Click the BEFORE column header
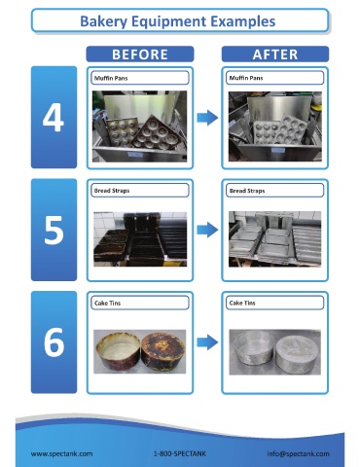(140, 54)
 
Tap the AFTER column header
(275, 54)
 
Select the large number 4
(53, 119)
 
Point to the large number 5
(54, 231)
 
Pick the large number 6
(54, 342)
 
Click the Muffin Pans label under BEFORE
(111, 78)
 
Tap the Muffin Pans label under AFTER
(246, 78)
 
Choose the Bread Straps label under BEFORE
(112, 191)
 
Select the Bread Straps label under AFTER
(247, 191)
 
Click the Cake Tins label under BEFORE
(107, 304)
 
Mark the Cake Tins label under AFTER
(242, 303)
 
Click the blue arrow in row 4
(207, 118)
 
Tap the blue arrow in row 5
(207, 230)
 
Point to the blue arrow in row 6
(207, 342)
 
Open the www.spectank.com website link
(61, 453)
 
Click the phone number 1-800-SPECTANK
(180, 453)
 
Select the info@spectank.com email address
(298, 453)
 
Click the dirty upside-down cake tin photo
(162, 351)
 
